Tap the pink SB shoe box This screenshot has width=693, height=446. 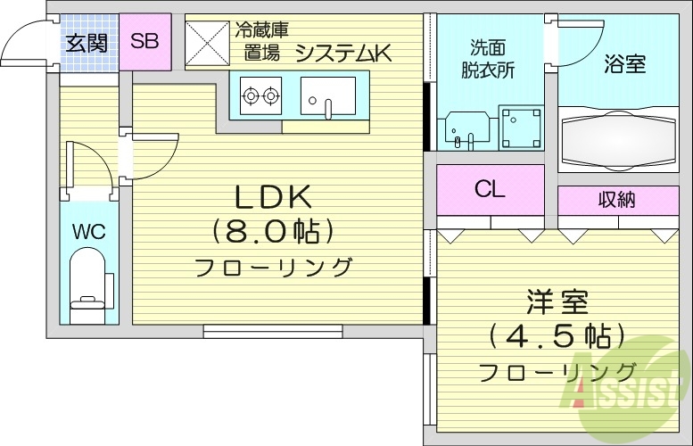pos(144,41)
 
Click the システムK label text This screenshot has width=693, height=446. pos(343,54)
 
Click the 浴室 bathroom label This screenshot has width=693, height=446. pos(624,64)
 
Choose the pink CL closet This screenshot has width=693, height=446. pos(490,189)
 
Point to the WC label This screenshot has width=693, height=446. pos(88,232)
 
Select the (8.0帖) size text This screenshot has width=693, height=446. pos(272,231)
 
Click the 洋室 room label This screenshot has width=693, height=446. pos(557,301)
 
